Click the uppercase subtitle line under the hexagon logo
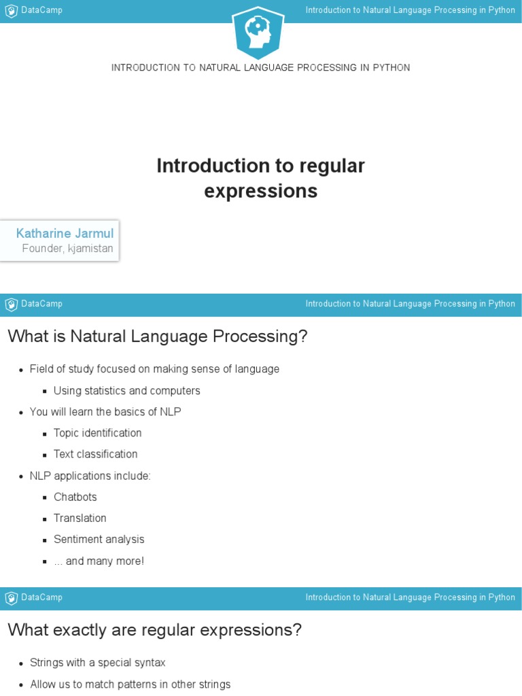(260, 68)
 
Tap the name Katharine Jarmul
(65, 233)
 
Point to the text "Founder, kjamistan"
(67, 249)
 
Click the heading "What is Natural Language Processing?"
(158, 336)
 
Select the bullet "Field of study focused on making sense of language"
(154, 369)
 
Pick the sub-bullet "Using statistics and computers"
(127, 391)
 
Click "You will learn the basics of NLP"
(105, 412)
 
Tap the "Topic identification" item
(98, 433)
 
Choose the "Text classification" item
(96, 454)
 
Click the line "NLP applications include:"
(90, 476)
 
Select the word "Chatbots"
(75, 497)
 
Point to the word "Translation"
(80, 518)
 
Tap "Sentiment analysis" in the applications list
(99, 539)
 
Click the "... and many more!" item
(99, 561)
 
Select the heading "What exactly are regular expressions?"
(154, 630)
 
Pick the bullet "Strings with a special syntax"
(98, 663)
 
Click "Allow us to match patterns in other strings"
(130, 684)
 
